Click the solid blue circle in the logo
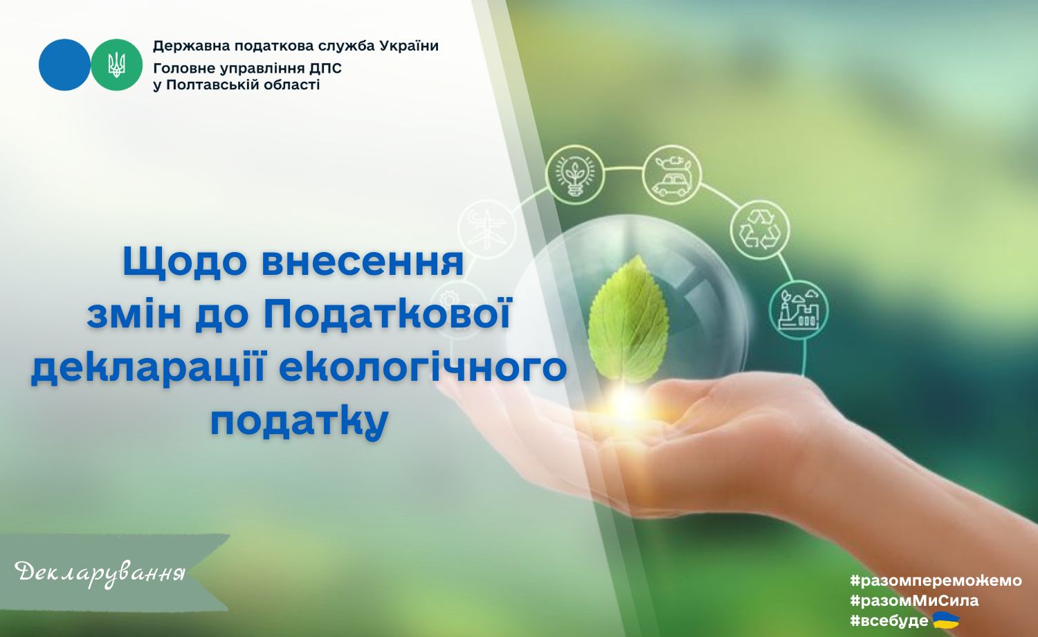64,64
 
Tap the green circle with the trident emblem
116,64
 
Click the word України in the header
409,46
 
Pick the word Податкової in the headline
388,314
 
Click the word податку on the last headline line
300,422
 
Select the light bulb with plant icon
575,174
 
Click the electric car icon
672,174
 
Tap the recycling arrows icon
760,229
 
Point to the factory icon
799,309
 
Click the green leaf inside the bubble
628,320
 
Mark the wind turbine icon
486,228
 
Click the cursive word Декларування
100,574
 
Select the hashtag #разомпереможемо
936,580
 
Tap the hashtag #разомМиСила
914,601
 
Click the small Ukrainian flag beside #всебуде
946,620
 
